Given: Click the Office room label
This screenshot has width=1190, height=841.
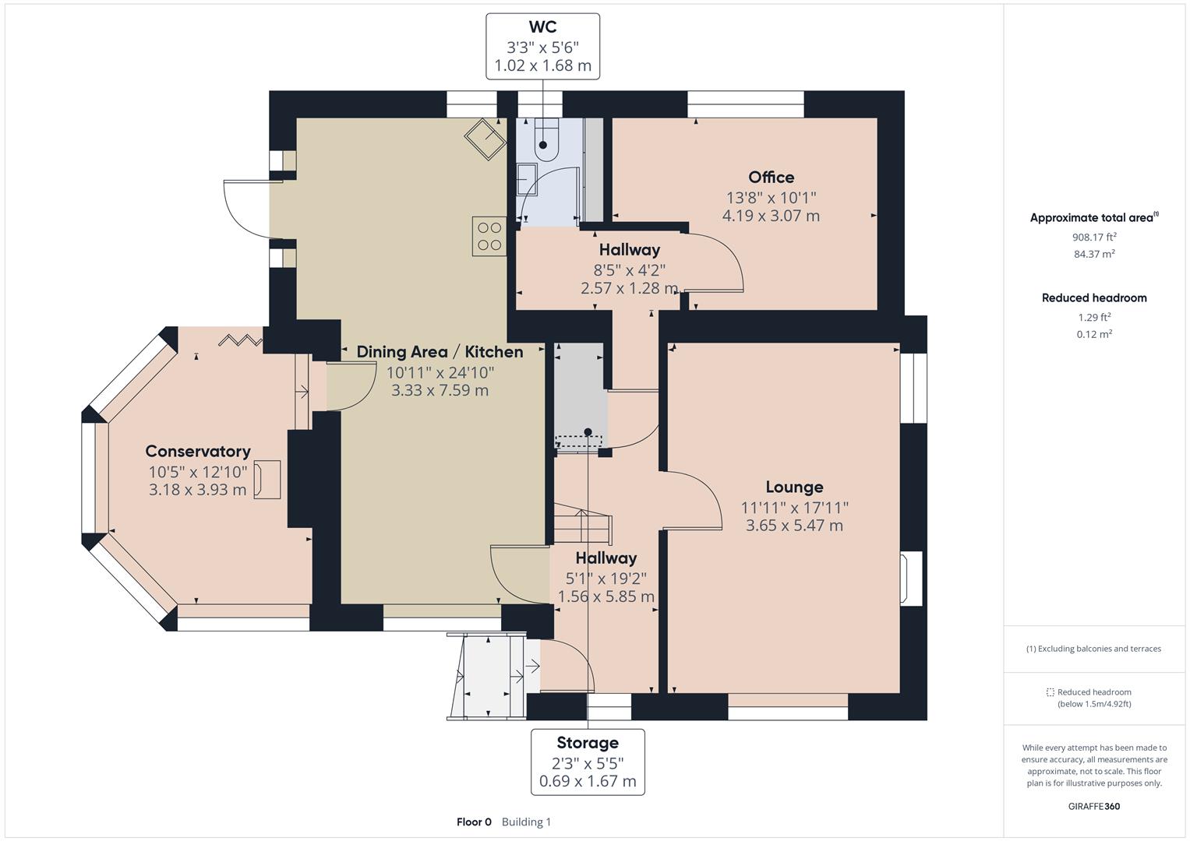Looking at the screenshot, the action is (772, 178).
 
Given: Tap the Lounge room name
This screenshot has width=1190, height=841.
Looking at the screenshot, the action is (794, 487).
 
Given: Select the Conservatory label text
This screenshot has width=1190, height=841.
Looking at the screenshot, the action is (198, 452).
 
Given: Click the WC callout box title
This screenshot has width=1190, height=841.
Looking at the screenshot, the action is (542, 26).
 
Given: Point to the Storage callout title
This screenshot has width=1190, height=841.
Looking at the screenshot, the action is (588, 743).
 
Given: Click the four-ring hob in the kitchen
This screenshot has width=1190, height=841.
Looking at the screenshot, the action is (489, 236).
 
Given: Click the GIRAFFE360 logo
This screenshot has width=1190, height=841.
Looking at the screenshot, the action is (1094, 806).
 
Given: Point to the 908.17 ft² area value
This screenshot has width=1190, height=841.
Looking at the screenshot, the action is (1094, 237).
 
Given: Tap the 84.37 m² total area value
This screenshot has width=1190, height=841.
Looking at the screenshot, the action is (1094, 254).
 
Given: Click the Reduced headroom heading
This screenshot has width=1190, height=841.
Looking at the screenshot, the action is (1094, 297).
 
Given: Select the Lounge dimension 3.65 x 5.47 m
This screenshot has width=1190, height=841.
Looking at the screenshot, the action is (794, 526).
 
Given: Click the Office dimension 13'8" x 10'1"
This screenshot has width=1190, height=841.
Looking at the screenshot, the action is (772, 198).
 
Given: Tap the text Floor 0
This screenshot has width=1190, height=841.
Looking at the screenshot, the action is (474, 822).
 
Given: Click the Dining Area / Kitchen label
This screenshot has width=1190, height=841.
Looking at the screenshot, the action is (440, 352).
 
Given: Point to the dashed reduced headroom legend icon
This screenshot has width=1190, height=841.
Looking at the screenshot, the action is (1050, 692).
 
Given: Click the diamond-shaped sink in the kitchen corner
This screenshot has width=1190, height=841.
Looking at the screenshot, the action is (485, 139).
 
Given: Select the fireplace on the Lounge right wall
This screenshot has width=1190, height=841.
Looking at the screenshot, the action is (910, 578).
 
